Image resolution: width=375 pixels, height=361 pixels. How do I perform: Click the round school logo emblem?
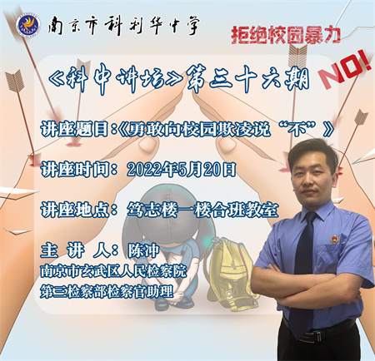point(28,25)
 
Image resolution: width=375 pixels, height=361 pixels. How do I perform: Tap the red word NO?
point(345,71)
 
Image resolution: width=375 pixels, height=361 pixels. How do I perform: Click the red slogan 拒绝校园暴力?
point(286,35)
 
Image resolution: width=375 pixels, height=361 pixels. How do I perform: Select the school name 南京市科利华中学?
point(123,26)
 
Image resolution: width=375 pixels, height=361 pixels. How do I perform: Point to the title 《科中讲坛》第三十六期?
point(178,78)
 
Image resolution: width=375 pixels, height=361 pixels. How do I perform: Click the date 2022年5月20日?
point(182,170)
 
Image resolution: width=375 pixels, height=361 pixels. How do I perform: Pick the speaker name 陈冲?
point(143,250)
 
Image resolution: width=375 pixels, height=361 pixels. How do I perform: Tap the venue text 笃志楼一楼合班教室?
point(202,210)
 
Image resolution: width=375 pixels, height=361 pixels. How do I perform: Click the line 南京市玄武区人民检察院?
point(113,271)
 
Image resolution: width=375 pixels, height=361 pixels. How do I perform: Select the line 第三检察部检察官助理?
point(107,292)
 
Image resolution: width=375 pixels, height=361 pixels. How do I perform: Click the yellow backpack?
point(229,273)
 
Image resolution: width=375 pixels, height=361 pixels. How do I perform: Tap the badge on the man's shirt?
point(334,239)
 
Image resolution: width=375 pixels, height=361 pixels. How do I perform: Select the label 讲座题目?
point(74,129)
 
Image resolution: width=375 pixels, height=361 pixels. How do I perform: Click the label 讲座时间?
point(75,170)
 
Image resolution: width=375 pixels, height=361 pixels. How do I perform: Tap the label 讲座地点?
point(75,210)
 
